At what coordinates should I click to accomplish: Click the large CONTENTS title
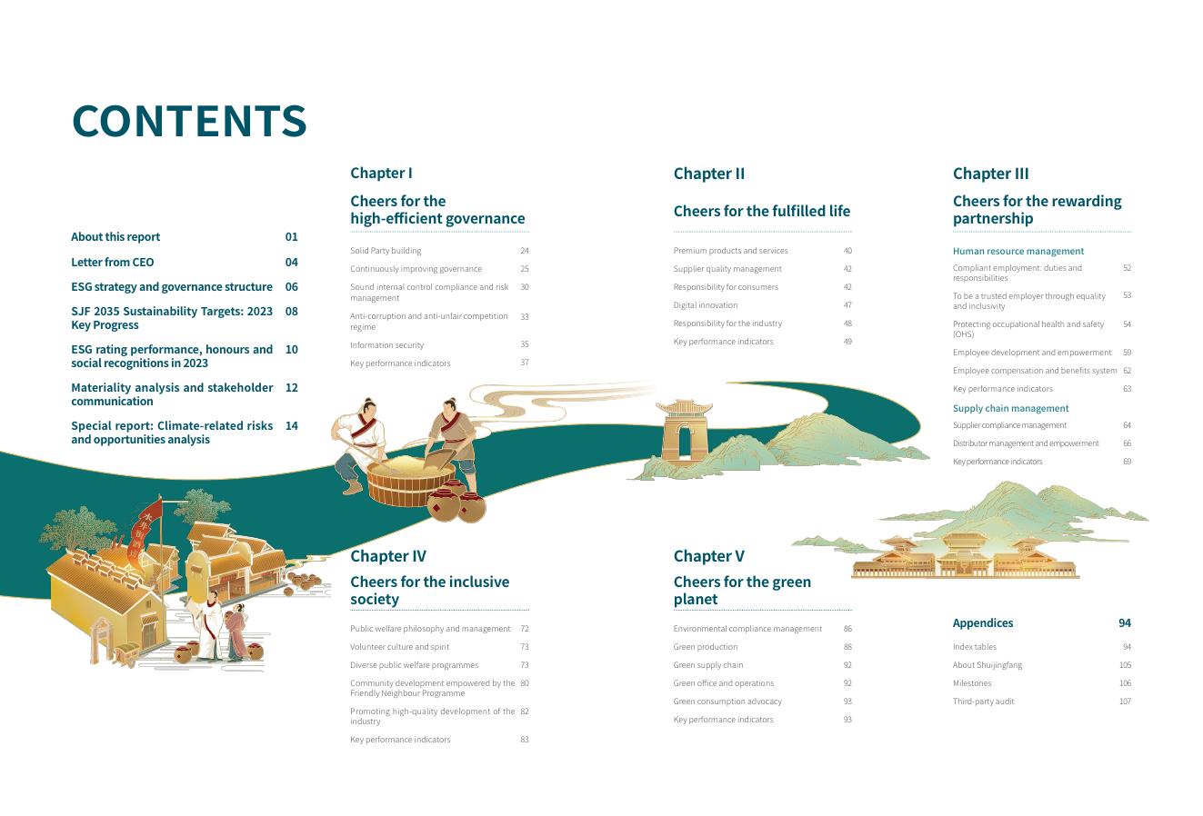coord(189,121)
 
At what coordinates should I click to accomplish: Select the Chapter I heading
coord(381,173)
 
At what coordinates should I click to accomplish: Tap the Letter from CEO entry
coord(113,262)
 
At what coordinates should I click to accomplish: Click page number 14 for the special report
coord(291,425)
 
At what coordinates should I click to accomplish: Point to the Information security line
coord(386,345)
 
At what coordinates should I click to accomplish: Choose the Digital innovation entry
coord(705,305)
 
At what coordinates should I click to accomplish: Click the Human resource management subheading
coord(1018,251)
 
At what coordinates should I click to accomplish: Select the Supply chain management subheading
coord(1010,408)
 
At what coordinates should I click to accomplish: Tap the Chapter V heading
coord(708,555)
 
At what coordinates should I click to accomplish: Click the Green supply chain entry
coord(707,665)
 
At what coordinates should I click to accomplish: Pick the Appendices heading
coord(982,622)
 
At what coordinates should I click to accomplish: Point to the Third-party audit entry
coord(983,702)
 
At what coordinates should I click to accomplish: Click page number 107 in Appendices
coord(1125,702)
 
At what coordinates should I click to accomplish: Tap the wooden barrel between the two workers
coord(409,480)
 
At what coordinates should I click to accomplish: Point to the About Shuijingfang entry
coord(987,665)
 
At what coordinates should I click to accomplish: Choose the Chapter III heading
coord(990,174)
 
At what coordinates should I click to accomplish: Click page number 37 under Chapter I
coord(525,363)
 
